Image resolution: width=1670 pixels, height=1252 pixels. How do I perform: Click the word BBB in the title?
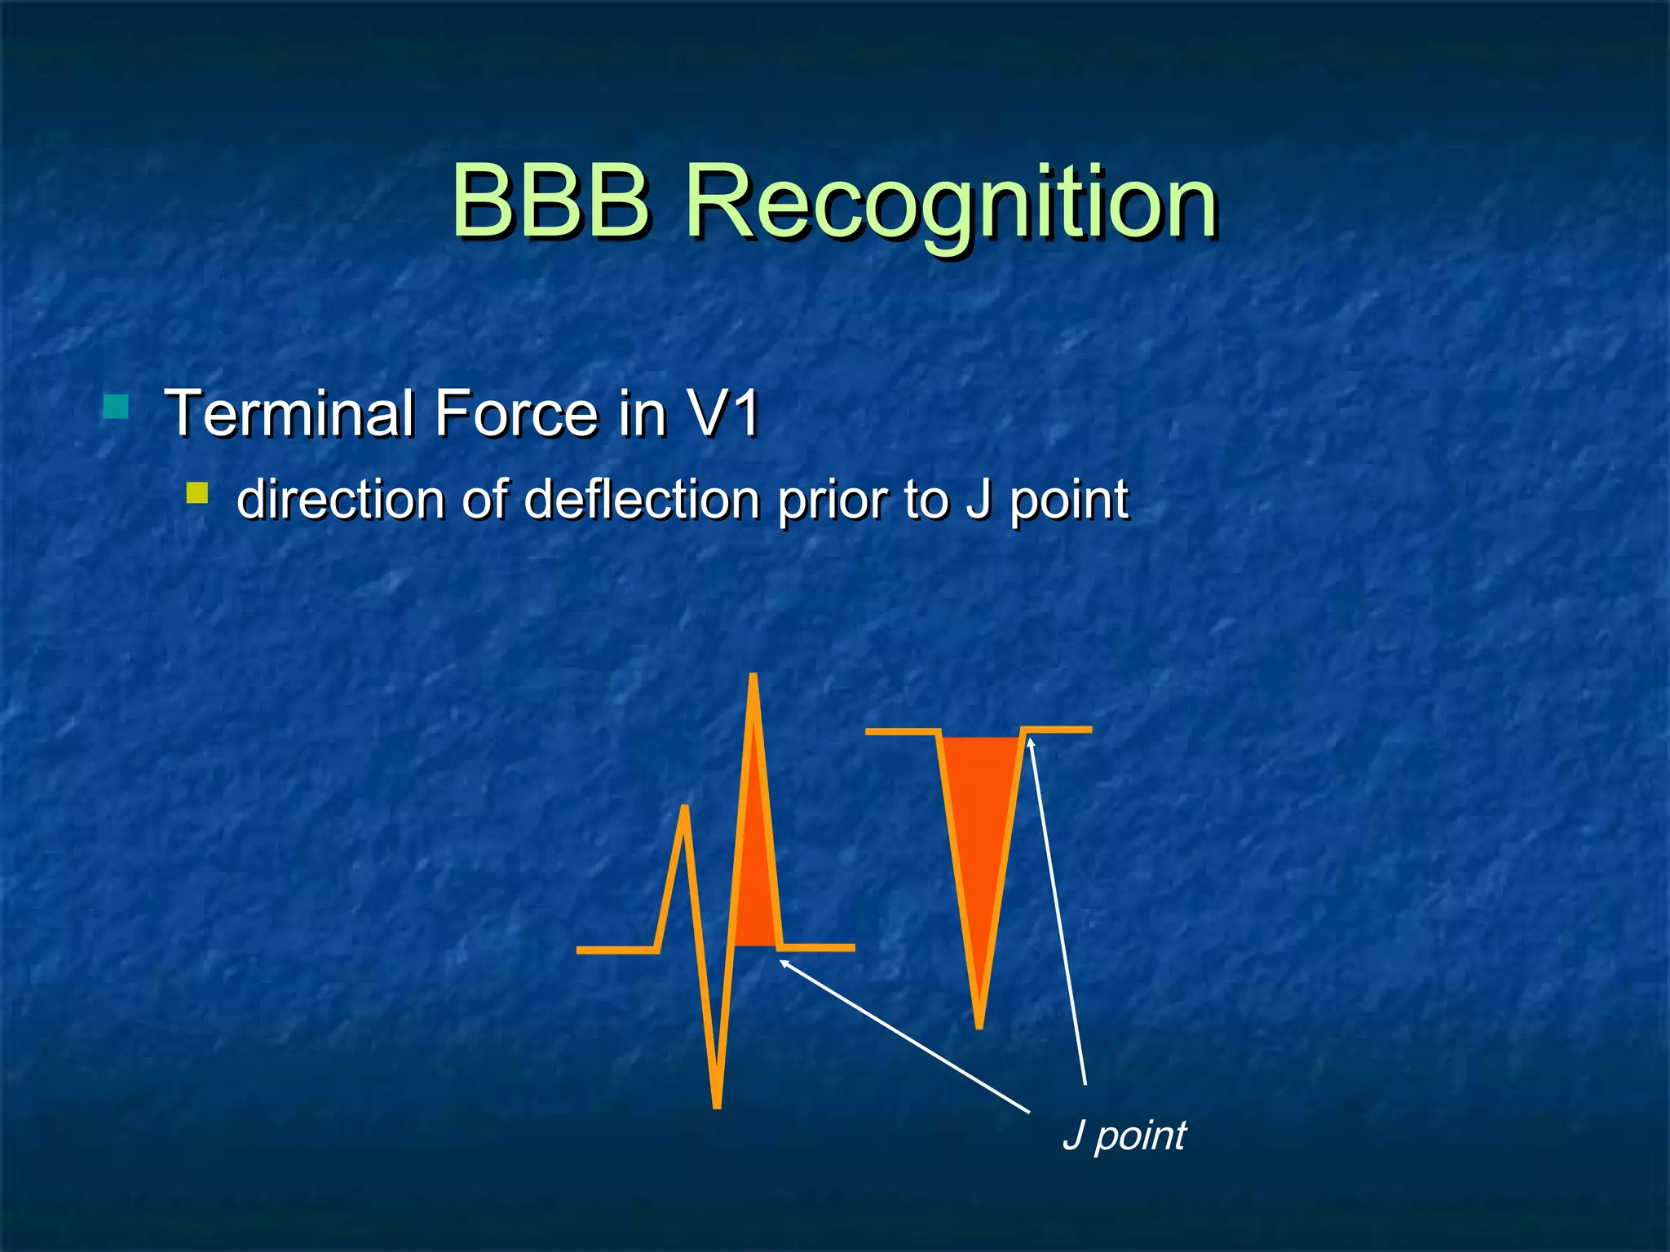tap(551, 201)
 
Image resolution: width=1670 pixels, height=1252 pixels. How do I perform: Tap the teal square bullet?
tap(117, 406)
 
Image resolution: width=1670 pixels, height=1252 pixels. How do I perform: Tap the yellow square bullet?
tap(197, 492)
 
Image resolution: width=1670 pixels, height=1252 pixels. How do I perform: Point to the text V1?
tap(722, 413)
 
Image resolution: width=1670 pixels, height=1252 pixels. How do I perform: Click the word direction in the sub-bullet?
tap(340, 500)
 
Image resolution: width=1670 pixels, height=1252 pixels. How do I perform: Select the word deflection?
tap(643, 500)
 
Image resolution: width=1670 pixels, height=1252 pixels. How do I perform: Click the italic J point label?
tap(1124, 1135)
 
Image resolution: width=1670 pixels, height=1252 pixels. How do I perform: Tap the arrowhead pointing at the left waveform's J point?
tap(784, 963)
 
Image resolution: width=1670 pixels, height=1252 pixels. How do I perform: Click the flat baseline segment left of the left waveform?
tap(616, 950)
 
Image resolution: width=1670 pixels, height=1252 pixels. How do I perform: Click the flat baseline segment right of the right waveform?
tap(1058, 730)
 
